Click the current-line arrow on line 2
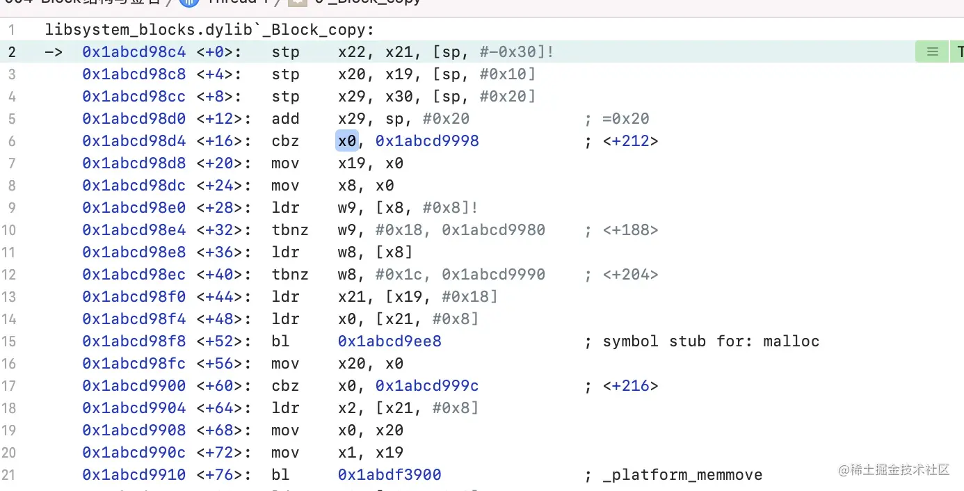coord(53,52)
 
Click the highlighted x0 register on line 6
coord(346,141)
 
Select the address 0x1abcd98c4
coord(134,52)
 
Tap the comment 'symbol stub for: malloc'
coord(711,341)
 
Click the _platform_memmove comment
coord(682,475)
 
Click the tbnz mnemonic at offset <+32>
coord(290,230)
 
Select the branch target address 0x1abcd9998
coord(427,141)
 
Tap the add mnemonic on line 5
coord(285,119)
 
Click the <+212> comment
coord(630,141)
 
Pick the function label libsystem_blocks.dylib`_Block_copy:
coord(209,30)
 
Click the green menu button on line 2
coord(932,52)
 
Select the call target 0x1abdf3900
coord(389,475)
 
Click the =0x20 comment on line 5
coord(625,119)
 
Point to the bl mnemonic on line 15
coord(280,341)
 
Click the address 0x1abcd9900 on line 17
coord(134,386)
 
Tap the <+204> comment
coord(630,275)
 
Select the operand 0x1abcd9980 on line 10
coord(493,230)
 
